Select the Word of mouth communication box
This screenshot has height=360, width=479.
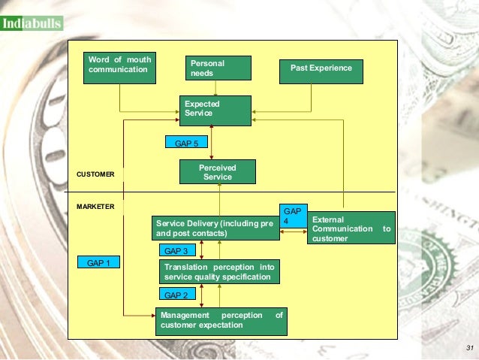120,66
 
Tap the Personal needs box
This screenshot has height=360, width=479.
218,68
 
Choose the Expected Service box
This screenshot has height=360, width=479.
215,109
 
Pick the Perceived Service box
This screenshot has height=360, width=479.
218,172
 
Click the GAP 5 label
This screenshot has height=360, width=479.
186,142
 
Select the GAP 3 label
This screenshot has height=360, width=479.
176,251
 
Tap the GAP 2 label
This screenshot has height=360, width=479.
176,295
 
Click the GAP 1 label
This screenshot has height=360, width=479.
98,263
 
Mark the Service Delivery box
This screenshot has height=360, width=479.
214,228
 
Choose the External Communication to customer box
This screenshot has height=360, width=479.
351,229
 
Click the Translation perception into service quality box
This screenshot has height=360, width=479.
219,272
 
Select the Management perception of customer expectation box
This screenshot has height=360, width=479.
221,321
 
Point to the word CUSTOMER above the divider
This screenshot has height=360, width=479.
95,174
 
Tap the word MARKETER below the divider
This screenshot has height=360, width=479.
95,206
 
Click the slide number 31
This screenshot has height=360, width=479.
470,347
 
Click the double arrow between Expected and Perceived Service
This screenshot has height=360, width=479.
212,143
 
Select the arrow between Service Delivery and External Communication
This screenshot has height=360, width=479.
292,234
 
